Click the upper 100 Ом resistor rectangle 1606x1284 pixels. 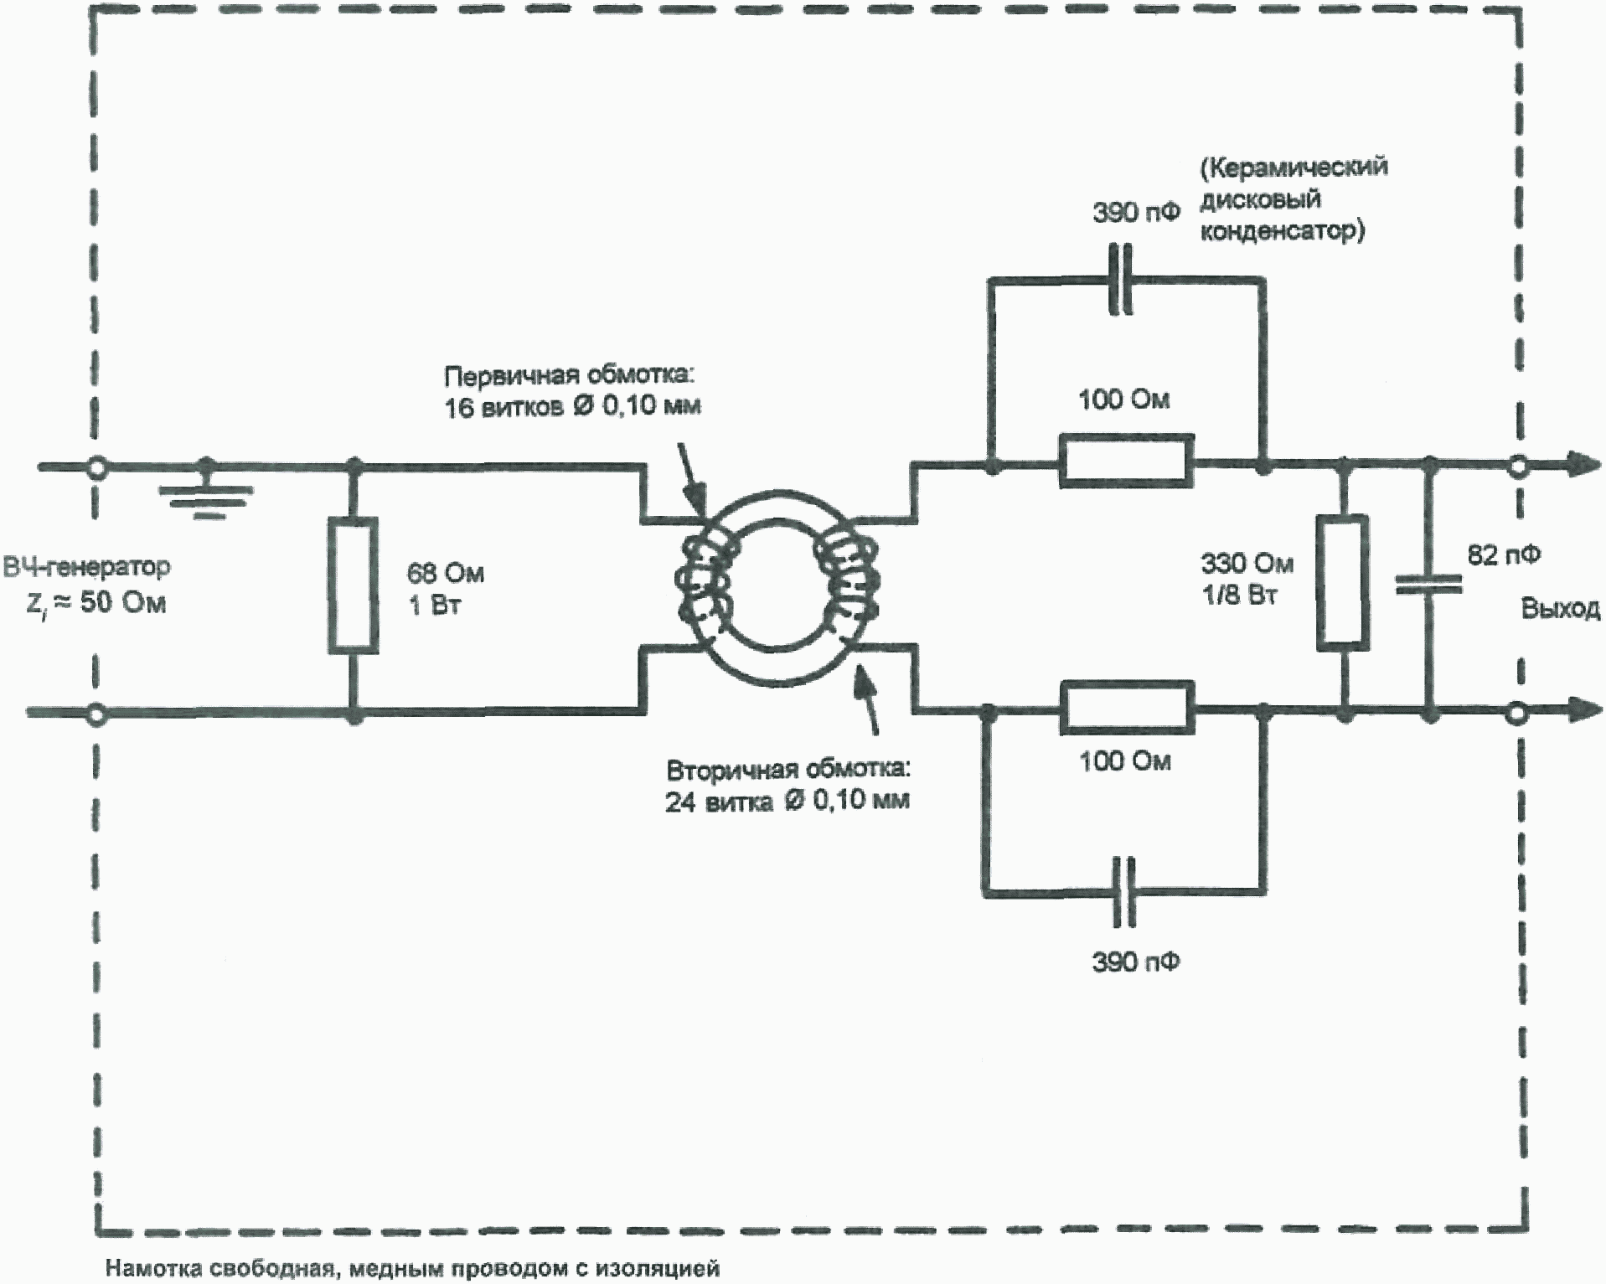[1126, 461]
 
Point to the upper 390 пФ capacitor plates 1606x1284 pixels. [1120, 280]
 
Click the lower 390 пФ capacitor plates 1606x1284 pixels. [1123, 891]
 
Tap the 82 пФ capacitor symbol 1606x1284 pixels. [1428, 584]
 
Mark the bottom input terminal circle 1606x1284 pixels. [97, 714]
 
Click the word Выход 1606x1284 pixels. [1560, 609]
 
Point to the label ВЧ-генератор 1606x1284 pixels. [86, 567]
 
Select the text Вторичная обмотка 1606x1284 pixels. [787, 769]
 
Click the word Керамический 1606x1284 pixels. [1294, 168]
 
